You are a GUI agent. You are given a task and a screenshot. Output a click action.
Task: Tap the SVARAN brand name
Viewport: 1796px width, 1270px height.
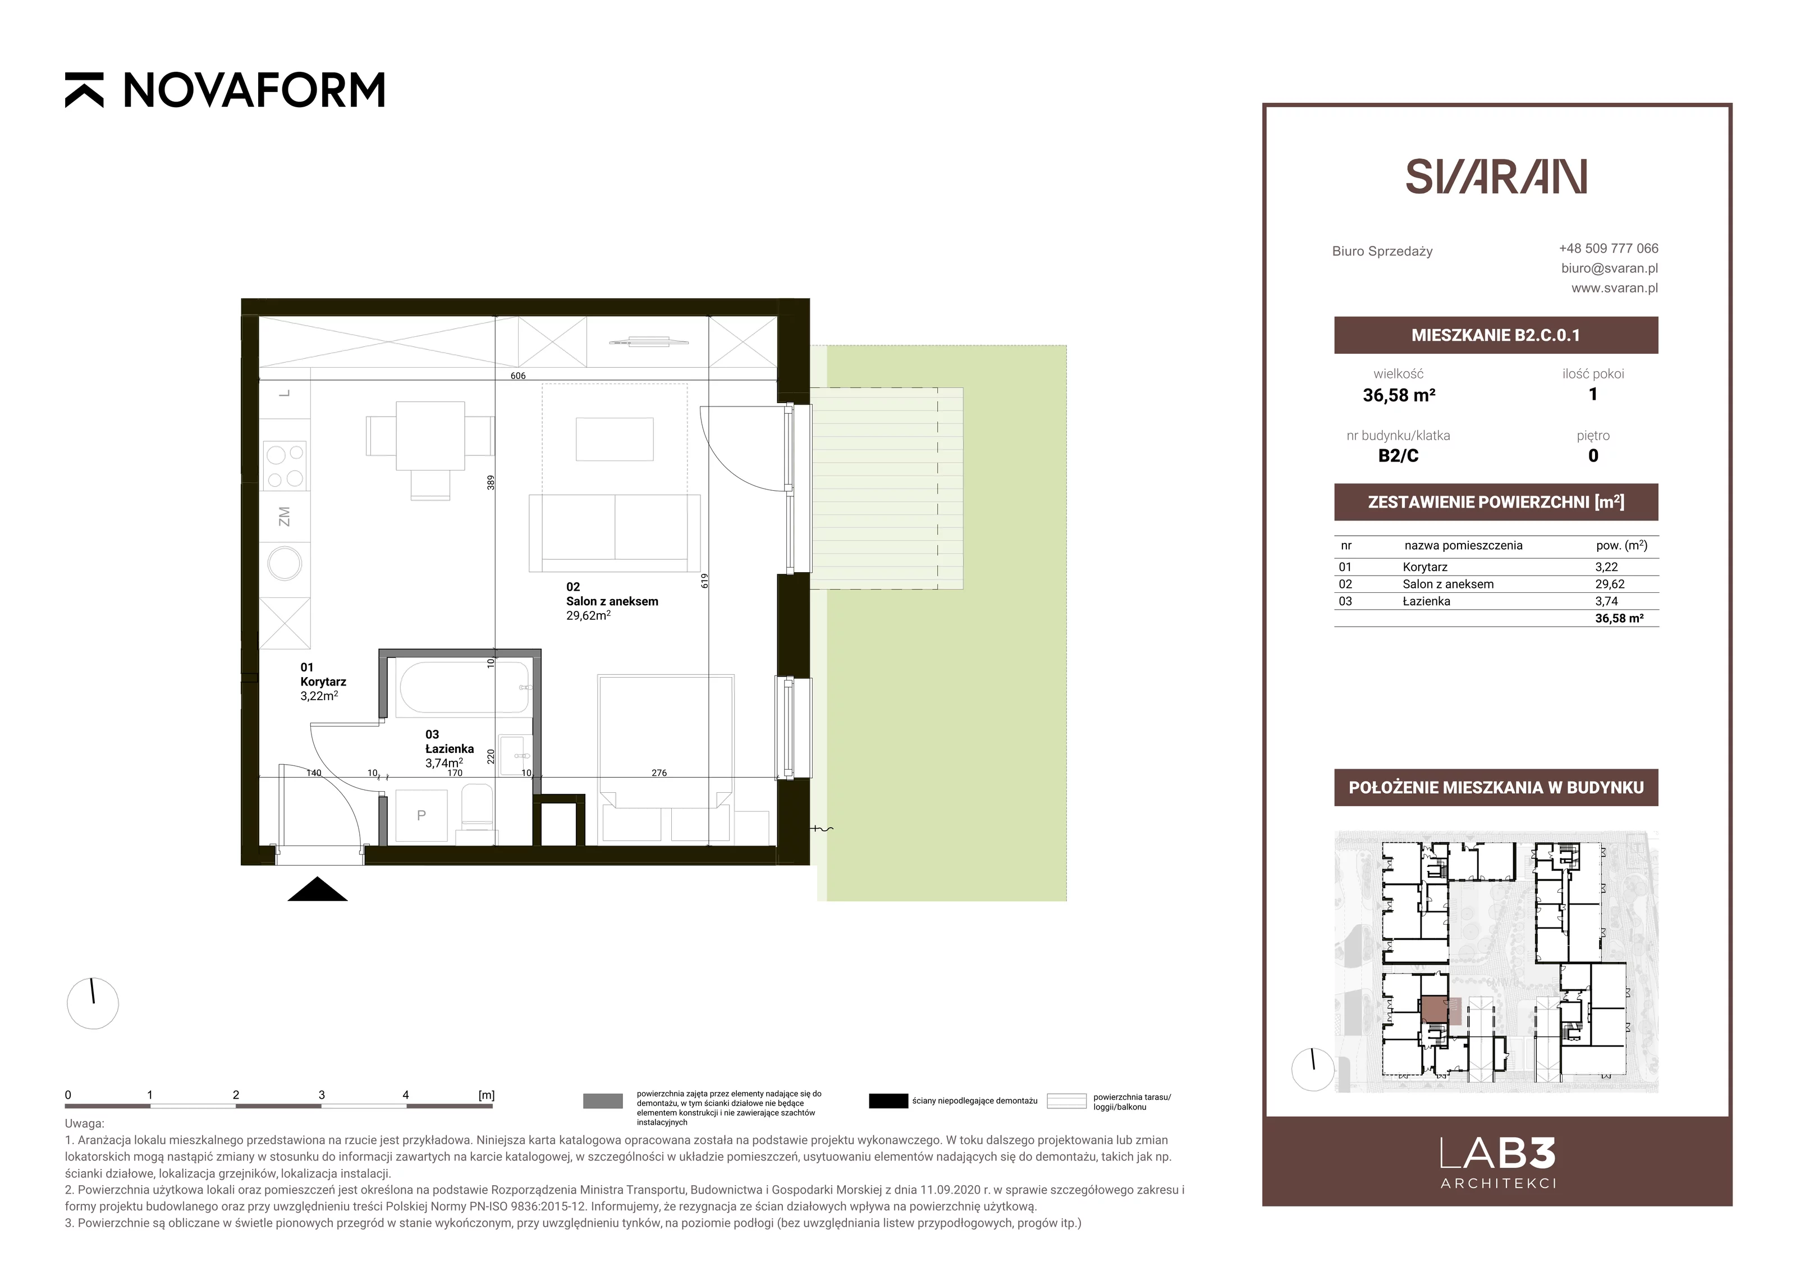pyautogui.click(x=1496, y=176)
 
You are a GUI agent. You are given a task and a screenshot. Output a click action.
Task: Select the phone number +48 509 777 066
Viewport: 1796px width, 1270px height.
pyautogui.click(x=1609, y=248)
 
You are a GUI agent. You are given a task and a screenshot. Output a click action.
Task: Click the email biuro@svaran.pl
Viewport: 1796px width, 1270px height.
pyautogui.click(x=1609, y=268)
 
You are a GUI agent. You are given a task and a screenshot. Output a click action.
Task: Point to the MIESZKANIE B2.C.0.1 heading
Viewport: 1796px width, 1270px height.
pyautogui.click(x=1496, y=335)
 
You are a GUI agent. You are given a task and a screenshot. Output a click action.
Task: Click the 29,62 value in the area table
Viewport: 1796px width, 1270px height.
pyautogui.click(x=1610, y=584)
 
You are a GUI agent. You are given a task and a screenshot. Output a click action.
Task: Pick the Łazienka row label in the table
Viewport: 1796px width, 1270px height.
pyautogui.click(x=1426, y=601)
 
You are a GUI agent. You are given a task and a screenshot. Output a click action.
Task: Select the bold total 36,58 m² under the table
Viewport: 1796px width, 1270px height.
pyautogui.click(x=1619, y=618)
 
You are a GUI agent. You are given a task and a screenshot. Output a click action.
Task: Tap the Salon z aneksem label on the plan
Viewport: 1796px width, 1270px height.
pyautogui.click(x=612, y=601)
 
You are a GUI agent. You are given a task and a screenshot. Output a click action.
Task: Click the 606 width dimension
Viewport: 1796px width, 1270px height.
pyautogui.click(x=518, y=376)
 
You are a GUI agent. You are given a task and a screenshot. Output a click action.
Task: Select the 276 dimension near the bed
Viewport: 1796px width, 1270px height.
pyautogui.click(x=659, y=773)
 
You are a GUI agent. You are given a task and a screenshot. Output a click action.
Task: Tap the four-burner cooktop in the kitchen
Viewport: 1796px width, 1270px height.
pyautogui.click(x=285, y=465)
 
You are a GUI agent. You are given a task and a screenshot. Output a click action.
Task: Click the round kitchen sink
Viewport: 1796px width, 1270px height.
pyautogui.click(x=285, y=563)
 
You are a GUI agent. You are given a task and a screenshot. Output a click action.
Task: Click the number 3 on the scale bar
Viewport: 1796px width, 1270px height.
pyautogui.click(x=322, y=1095)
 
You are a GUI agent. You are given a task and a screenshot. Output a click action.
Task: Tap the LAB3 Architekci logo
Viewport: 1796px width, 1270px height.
pyautogui.click(x=1497, y=1162)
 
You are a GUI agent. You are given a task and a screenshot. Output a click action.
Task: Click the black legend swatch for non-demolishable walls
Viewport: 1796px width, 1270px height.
pyautogui.click(x=888, y=1101)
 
